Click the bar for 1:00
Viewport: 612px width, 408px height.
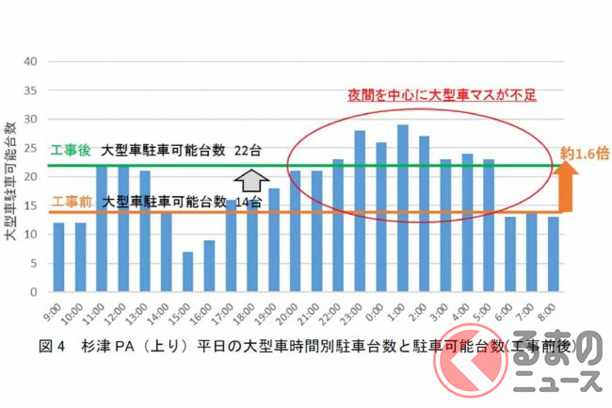click(x=402, y=208)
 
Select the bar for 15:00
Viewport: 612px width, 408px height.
click(x=187, y=272)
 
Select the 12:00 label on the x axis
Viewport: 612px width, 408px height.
click(x=122, y=312)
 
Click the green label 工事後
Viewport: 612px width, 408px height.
click(x=68, y=150)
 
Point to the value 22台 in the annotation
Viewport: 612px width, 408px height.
click(x=249, y=150)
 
